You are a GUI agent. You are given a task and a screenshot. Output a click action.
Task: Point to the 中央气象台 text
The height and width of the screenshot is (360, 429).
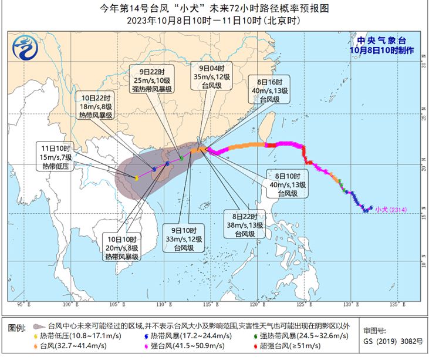point(385,41)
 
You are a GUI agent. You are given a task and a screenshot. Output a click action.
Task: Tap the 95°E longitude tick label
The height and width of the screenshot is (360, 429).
point(22,305)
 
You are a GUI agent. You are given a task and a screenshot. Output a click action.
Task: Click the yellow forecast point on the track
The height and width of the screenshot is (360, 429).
point(136,177)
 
